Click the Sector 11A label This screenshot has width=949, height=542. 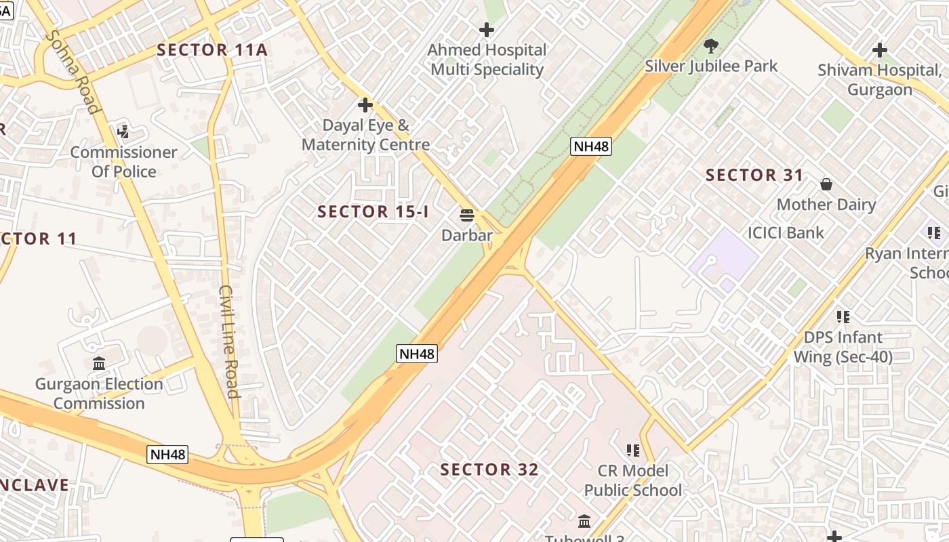(x=212, y=49)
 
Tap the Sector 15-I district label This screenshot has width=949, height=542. (x=373, y=211)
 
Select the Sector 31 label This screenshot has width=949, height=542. (x=754, y=175)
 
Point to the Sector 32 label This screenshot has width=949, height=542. (x=489, y=470)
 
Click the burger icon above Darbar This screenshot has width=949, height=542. (x=466, y=215)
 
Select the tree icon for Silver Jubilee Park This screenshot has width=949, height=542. (x=711, y=46)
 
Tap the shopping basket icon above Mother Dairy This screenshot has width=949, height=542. (x=826, y=184)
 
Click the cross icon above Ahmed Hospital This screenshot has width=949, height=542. (x=487, y=30)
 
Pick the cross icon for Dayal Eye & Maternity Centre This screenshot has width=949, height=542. (x=365, y=105)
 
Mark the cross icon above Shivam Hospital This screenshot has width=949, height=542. (x=879, y=50)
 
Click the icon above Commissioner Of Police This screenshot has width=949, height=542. (x=123, y=131)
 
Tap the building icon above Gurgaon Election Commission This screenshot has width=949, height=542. (x=99, y=364)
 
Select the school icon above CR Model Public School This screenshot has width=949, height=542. (x=633, y=450)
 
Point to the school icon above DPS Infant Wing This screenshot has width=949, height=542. (x=843, y=316)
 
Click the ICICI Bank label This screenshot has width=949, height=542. (x=786, y=233)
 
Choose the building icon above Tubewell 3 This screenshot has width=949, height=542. (x=584, y=521)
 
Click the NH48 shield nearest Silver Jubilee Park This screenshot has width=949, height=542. (x=590, y=146)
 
